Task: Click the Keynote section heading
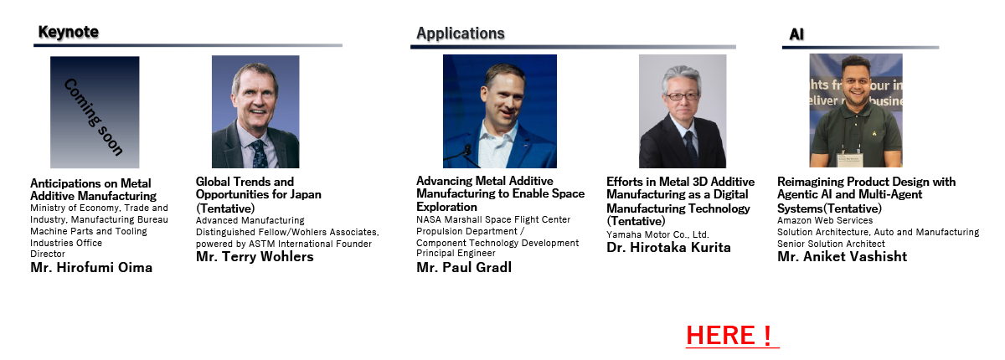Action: pyautogui.click(x=68, y=32)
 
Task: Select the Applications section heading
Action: pyautogui.click(x=461, y=33)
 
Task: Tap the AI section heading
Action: pyautogui.click(x=796, y=34)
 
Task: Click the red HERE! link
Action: pyautogui.click(x=732, y=336)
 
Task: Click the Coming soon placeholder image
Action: pyautogui.click(x=95, y=112)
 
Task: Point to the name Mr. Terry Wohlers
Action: pyautogui.click(x=255, y=256)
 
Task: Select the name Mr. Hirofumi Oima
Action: pyautogui.click(x=91, y=268)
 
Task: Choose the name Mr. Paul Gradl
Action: pyautogui.click(x=464, y=268)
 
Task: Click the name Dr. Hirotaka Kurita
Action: pyautogui.click(x=668, y=248)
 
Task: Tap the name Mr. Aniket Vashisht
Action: pyautogui.click(x=843, y=256)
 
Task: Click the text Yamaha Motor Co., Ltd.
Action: pyautogui.click(x=657, y=234)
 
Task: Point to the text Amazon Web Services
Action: pyautogui.click(x=825, y=220)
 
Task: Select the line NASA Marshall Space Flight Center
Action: pyautogui.click(x=493, y=219)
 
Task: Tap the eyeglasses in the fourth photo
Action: pyautogui.click(x=683, y=96)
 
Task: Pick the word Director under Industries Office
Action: pyautogui.click(x=48, y=254)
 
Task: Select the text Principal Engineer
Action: pyautogui.click(x=456, y=253)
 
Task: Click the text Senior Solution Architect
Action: pyautogui.click(x=831, y=244)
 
